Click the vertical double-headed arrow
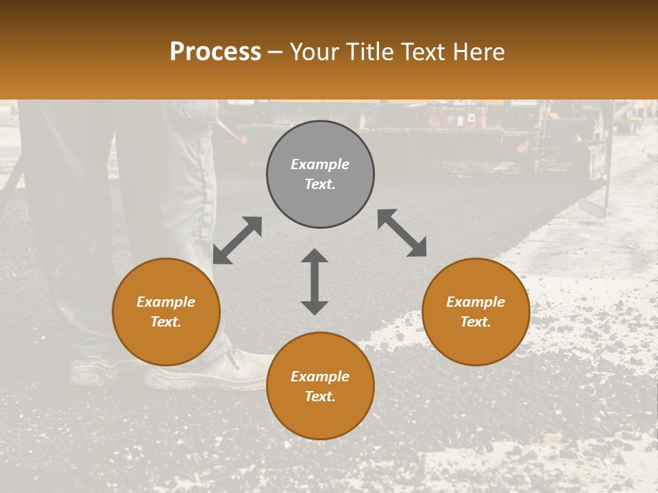click(315, 281)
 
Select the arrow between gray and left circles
click(237, 240)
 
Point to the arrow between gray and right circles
click(402, 233)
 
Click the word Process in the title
click(215, 52)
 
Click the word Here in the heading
click(479, 52)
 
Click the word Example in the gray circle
click(320, 164)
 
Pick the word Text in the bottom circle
click(320, 396)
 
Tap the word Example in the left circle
click(166, 302)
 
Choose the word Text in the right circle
click(476, 322)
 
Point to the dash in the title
click(276, 52)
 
